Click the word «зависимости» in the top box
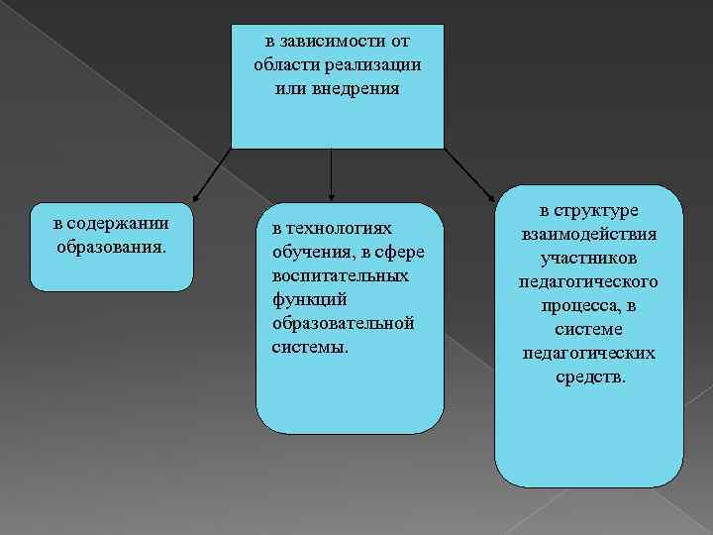[x=331, y=42]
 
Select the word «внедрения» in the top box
[x=357, y=88]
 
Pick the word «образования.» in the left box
[x=111, y=245]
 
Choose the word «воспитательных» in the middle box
[x=340, y=275]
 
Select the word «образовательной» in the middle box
[x=343, y=323]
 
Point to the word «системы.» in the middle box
[x=310, y=347]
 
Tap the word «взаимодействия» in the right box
[x=588, y=235]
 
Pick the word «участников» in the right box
[x=588, y=259]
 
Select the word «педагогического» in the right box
[x=588, y=282]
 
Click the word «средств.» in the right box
[x=588, y=377]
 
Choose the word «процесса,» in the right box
[x=588, y=306]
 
